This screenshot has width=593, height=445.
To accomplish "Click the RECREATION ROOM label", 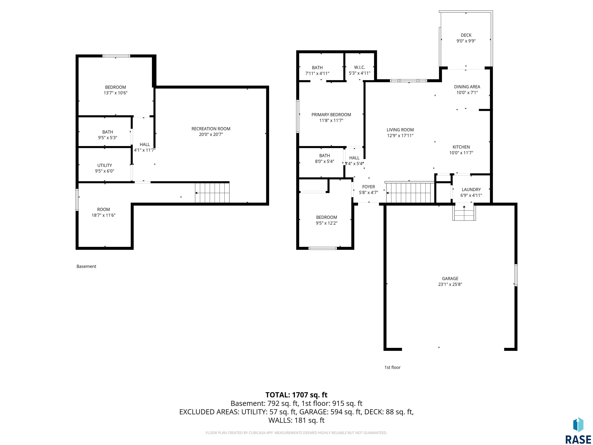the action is (211, 129).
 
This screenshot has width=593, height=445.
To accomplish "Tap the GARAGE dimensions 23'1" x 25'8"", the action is (450, 284).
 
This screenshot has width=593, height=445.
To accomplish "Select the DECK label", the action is (466, 35).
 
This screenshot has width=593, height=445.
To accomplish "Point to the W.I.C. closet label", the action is (359, 67).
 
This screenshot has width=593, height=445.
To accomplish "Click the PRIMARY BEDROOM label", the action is (331, 115).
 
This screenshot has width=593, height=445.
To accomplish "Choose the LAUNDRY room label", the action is (471, 189).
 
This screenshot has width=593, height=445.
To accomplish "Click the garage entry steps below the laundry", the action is (464, 212).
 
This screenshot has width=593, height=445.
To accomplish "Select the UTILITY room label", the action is (105, 165).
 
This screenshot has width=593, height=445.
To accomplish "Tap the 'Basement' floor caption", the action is (86, 266).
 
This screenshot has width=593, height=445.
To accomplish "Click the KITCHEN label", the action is (461, 147).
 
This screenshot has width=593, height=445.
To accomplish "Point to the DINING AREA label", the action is (467, 87).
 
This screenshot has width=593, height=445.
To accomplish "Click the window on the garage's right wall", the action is (516, 275).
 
